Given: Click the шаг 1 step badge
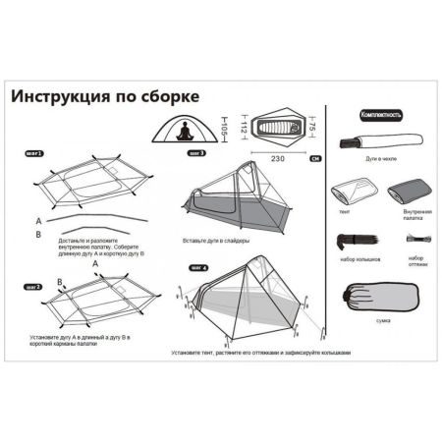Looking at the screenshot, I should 32,156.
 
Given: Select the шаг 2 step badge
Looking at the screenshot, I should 31,286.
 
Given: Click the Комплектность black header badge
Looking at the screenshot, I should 379,116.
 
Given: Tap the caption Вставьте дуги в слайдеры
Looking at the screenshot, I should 216,241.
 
